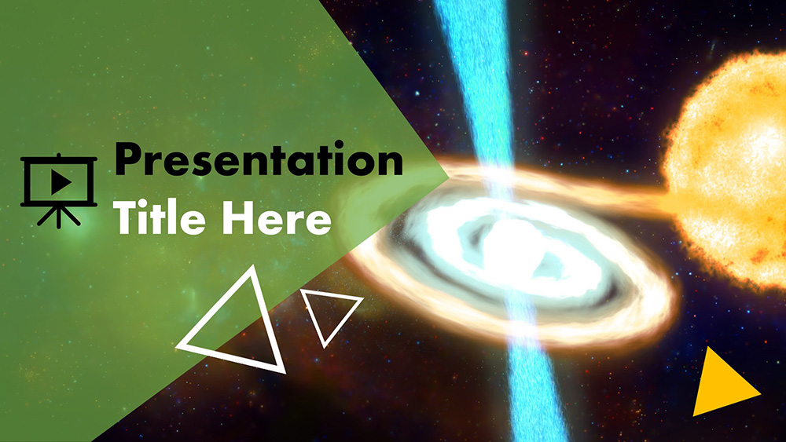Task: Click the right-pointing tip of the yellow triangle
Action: coord(759,392)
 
